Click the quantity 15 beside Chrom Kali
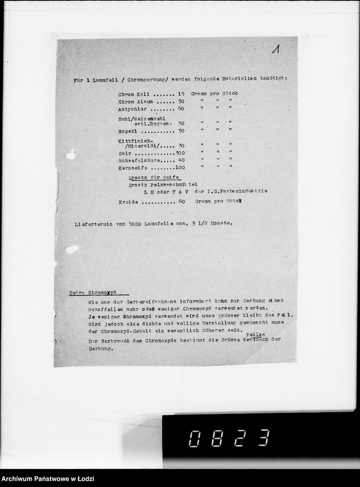coord(181,93)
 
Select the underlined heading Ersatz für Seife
coord(154,177)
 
